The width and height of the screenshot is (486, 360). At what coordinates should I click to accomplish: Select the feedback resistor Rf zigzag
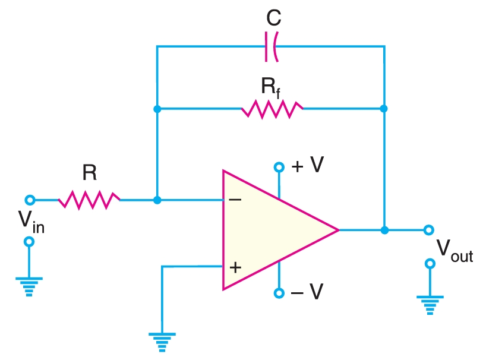(x=272, y=109)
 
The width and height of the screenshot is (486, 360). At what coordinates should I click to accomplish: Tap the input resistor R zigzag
(x=89, y=200)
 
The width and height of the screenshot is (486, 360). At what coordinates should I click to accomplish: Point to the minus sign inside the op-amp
(x=235, y=200)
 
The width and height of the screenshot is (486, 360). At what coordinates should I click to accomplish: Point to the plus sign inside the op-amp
(x=235, y=267)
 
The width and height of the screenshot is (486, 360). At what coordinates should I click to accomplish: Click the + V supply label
(x=307, y=166)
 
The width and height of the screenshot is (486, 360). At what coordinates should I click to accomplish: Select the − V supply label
(x=307, y=293)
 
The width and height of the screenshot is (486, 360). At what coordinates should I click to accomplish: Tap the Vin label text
(x=30, y=221)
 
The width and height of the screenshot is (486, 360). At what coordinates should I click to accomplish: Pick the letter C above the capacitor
(x=273, y=19)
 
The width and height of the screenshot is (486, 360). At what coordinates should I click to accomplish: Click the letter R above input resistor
(x=89, y=173)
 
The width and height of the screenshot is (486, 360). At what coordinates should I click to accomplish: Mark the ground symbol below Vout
(x=429, y=304)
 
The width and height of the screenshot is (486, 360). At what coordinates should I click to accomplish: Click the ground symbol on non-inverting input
(x=162, y=342)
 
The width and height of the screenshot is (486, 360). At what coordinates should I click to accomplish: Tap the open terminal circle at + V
(x=278, y=167)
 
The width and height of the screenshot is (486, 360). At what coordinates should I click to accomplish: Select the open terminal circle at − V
(x=278, y=293)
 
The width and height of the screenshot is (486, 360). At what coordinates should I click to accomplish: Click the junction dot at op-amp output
(x=384, y=230)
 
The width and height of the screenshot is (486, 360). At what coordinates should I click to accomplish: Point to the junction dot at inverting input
(x=157, y=200)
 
